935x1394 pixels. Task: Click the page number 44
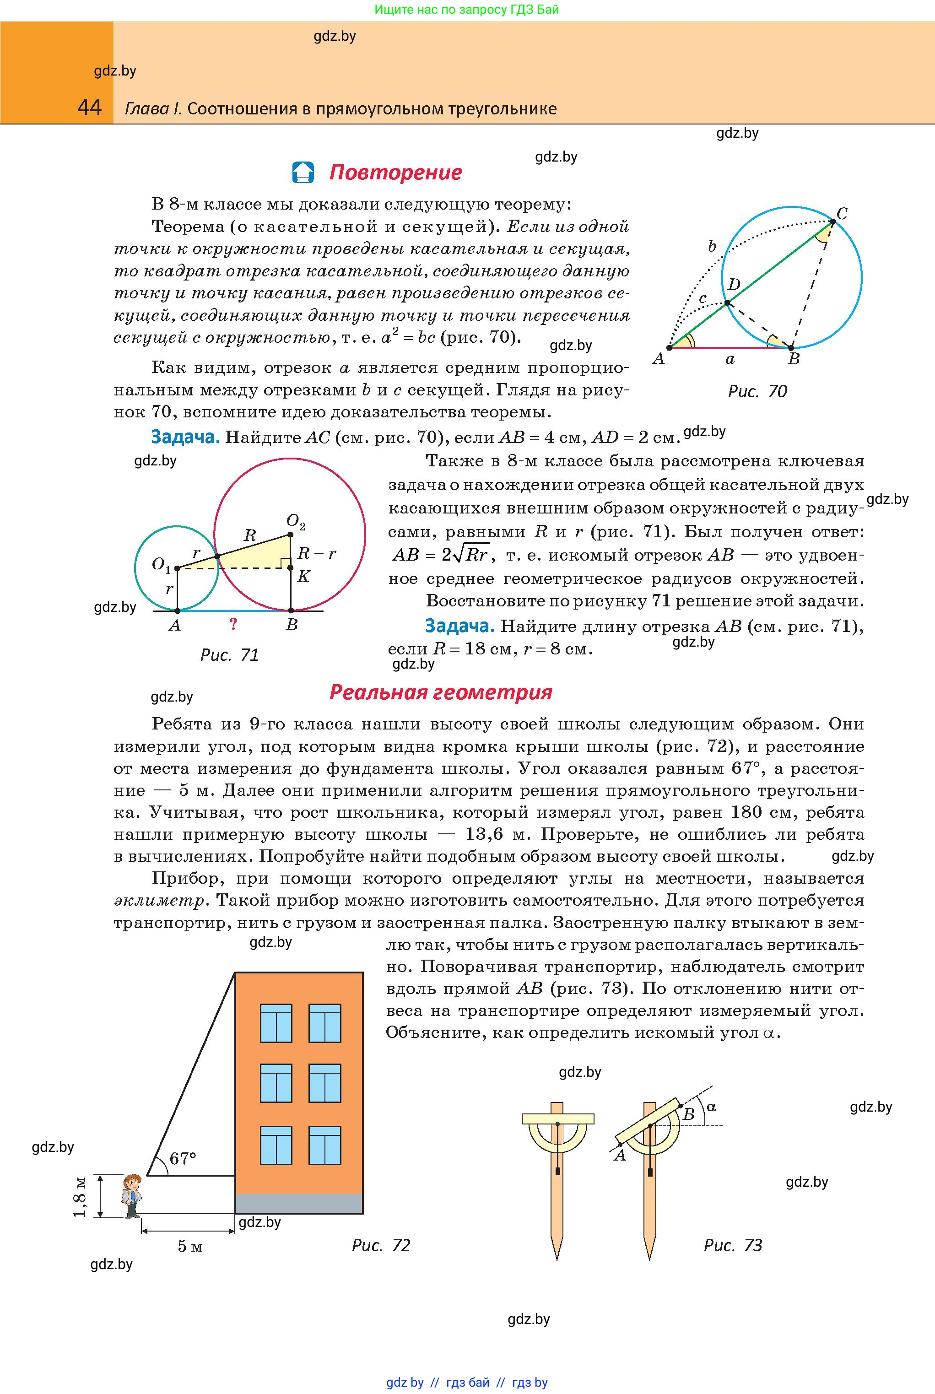[x=89, y=108]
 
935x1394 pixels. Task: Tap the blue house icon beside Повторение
[x=303, y=173]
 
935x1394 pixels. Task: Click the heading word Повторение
[x=395, y=173]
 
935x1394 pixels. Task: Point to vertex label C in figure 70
[x=842, y=213]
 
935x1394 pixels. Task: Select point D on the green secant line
[x=727, y=303]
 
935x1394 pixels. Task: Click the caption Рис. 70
[x=757, y=391]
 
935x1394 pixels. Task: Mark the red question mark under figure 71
[x=233, y=624]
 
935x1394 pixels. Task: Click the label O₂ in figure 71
[x=296, y=522]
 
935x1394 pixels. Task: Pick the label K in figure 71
[x=303, y=577]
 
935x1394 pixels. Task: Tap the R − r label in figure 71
[x=316, y=553]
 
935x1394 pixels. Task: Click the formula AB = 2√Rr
[x=441, y=555]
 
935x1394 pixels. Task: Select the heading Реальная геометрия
[x=441, y=692]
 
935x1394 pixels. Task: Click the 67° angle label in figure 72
[x=183, y=1158]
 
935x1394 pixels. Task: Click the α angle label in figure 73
[x=711, y=1106]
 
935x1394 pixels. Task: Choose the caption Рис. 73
[x=733, y=1245]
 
